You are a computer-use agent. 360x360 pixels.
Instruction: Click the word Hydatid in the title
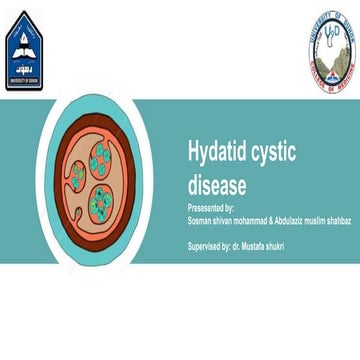tap(213, 152)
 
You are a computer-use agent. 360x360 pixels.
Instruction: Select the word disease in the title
tap(216, 184)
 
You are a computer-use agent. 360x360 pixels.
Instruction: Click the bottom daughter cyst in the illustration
tap(102, 201)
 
